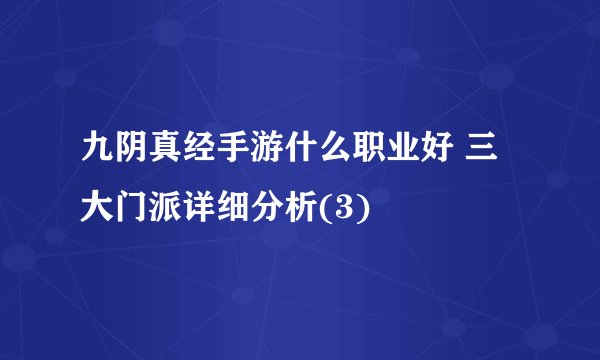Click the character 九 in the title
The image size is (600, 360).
point(98,159)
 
